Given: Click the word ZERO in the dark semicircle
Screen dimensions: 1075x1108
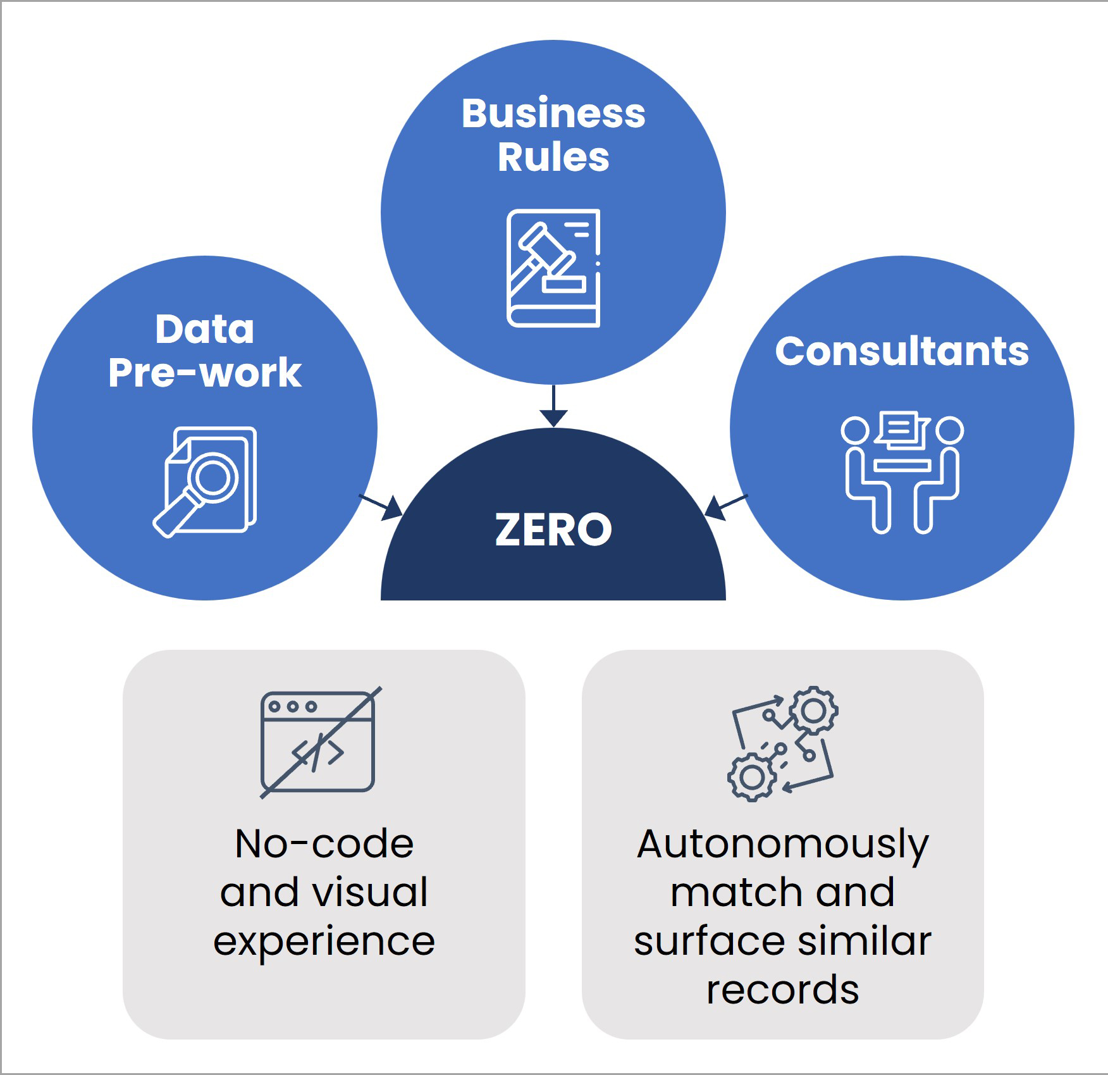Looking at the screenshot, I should (x=553, y=530).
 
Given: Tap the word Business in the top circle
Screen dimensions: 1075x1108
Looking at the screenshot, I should (x=553, y=114).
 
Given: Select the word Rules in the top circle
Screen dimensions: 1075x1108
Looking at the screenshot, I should (x=553, y=157).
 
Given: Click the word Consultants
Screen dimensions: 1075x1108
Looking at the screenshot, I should (x=902, y=351).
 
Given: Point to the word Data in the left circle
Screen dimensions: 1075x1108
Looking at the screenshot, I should (x=204, y=329).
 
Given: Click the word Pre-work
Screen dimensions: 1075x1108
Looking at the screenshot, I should (x=204, y=372).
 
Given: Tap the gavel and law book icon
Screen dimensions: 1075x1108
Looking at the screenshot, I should (x=553, y=268).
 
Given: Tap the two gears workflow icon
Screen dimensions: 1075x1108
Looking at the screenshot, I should (x=783, y=743).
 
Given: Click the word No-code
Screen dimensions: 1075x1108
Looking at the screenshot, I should (x=324, y=843).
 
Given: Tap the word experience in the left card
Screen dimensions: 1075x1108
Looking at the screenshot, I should (x=324, y=941).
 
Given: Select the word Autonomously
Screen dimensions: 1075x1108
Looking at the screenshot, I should (x=783, y=845).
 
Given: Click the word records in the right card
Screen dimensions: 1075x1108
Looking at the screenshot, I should (x=783, y=990).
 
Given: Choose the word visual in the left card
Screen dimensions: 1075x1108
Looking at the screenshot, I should (x=372, y=892).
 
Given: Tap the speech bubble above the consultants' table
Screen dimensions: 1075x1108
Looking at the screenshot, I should (x=902, y=428).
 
